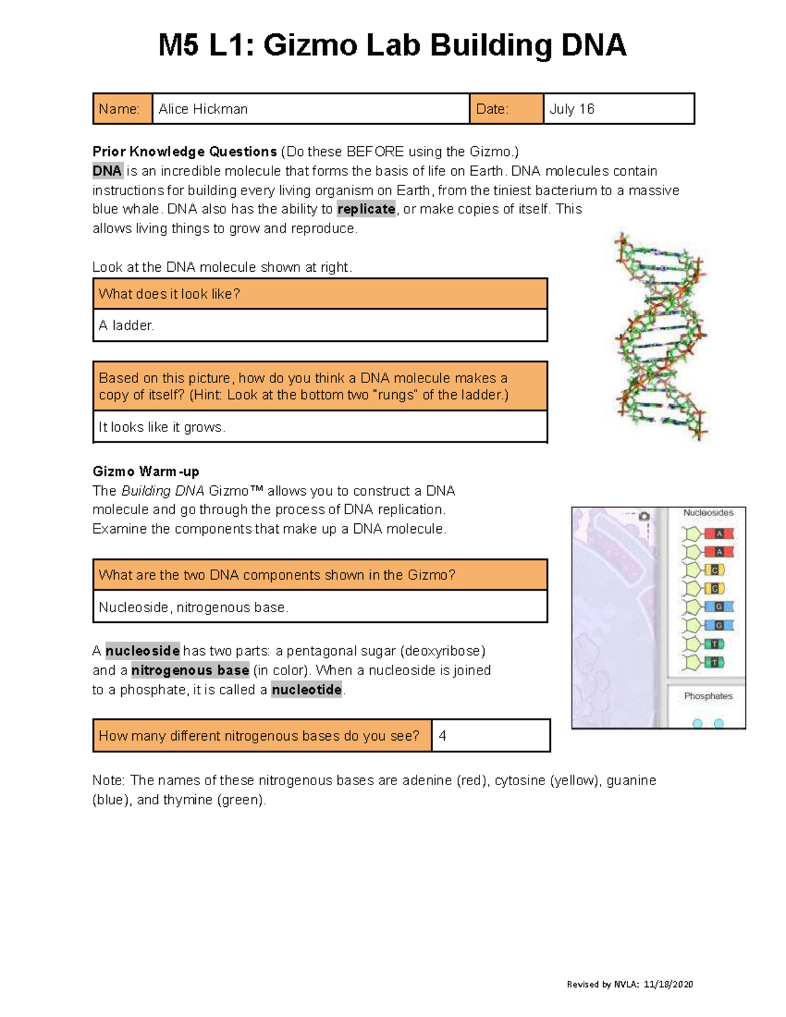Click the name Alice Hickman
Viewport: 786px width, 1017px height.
tap(203, 109)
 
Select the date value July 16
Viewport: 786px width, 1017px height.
tap(571, 109)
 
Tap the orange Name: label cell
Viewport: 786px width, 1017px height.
tap(122, 109)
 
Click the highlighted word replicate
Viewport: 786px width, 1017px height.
tap(366, 210)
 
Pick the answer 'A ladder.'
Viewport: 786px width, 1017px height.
tap(126, 325)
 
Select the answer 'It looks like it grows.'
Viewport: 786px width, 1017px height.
tap(162, 427)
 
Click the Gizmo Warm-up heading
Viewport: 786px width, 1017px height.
tap(145, 472)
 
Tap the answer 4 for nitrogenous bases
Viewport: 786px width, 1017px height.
tap(443, 736)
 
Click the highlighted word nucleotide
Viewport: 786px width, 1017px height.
tap(307, 690)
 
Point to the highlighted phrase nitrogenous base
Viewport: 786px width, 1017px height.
tap(190, 671)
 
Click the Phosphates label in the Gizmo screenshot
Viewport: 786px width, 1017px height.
tap(708, 696)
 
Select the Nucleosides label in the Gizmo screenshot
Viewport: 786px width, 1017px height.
tap(708, 513)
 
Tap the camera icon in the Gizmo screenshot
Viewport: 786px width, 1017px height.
tap(645, 517)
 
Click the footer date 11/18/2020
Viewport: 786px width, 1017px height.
tap(668, 984)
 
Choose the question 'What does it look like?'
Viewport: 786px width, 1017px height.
tap(169, 294)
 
